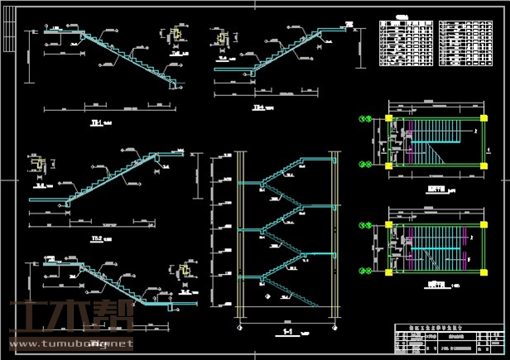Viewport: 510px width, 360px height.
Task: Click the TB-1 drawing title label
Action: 96,123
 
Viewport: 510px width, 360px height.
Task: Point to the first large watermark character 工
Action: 27,319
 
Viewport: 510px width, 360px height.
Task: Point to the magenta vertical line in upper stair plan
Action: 407,142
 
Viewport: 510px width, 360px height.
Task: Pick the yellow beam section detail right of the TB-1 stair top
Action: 176,36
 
